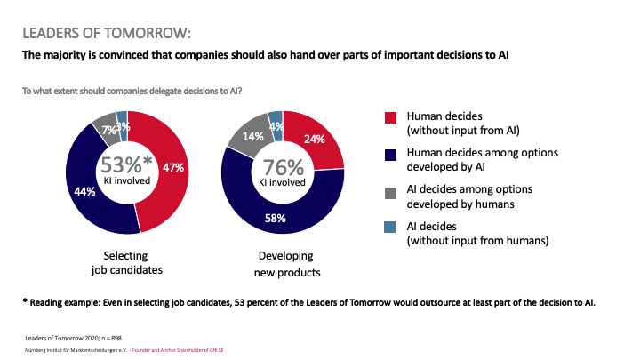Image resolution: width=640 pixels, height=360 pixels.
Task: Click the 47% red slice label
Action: pos(173,167)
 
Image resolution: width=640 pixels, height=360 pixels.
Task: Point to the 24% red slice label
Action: pos(316,139)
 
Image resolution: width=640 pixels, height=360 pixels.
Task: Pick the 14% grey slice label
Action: pos(253,137)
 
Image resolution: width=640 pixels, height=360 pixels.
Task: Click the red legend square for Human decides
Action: pos(389,117)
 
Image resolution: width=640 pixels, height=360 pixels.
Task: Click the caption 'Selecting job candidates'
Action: pos(125,262)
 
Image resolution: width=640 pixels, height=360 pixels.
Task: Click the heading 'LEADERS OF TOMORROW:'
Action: pos(106,34)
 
